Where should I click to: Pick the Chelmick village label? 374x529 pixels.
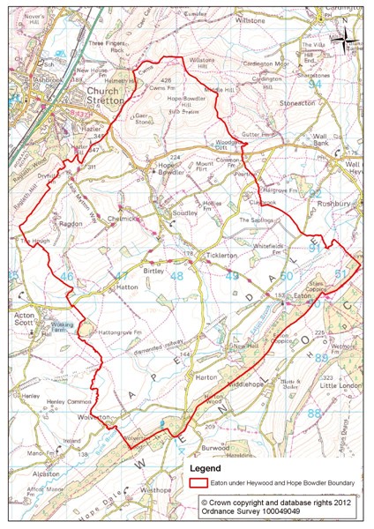(123, 218)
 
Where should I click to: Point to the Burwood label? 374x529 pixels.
(264, 447)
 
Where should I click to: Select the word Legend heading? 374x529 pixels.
(202, 469)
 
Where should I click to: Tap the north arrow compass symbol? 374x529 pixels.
(355, 41)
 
